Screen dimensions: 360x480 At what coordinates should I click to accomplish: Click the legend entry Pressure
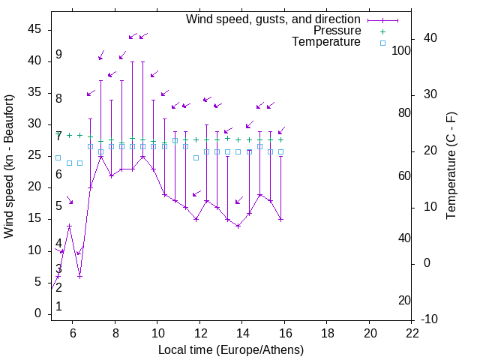[337, 31]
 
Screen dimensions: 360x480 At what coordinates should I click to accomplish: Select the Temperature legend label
[326, 42]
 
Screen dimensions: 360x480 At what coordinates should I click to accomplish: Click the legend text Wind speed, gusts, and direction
[273, 19]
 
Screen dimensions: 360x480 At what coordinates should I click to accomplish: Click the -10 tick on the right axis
[430, 319]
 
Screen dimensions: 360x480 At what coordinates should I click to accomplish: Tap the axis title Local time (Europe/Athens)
[231, 349]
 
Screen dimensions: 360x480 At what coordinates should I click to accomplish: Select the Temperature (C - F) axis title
[451, 166]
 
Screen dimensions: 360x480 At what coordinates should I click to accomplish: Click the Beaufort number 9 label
[58, 55]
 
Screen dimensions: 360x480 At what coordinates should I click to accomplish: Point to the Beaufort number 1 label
[58, 307]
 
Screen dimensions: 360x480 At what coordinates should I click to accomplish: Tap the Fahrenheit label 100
[401, 50]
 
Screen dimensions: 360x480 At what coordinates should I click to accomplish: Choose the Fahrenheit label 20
[404, 301]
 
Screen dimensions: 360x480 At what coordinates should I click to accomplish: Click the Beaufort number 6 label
[58, 175]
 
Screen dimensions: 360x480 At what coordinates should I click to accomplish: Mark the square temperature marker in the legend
[382, 43]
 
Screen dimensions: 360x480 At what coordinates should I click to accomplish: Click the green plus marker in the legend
[382, 31]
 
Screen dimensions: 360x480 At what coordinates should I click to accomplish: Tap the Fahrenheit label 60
[404, 175]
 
